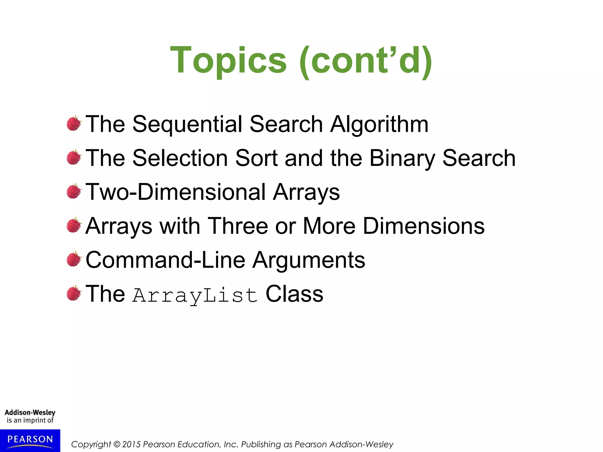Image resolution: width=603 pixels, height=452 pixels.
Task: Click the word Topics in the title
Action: point(228,61)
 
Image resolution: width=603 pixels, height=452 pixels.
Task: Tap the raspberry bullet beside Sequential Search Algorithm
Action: point(74,123)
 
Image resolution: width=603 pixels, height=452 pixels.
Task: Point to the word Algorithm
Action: point(379,124)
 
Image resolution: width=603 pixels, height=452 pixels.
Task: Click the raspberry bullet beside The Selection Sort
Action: point(74,157)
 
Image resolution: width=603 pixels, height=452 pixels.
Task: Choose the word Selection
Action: point(180,158)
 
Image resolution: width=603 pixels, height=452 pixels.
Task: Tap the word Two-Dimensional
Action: point(176,192)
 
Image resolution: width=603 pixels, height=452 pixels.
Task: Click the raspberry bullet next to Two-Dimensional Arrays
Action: point(74,191)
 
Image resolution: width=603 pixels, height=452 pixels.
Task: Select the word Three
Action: point(238,226)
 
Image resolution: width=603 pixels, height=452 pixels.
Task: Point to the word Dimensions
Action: point(424,226)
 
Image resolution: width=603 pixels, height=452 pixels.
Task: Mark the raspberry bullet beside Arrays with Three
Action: point(74,225)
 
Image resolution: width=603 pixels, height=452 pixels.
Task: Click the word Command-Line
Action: point(165,260)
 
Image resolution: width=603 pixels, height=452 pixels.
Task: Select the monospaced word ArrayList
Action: point(195,295)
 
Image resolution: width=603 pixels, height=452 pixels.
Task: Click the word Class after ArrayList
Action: point(294,294)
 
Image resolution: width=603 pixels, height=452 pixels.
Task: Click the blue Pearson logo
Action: point(30,440)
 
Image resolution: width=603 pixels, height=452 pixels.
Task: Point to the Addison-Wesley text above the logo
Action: point(30,413)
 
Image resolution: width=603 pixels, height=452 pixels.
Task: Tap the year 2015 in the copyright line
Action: point(131,444)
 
